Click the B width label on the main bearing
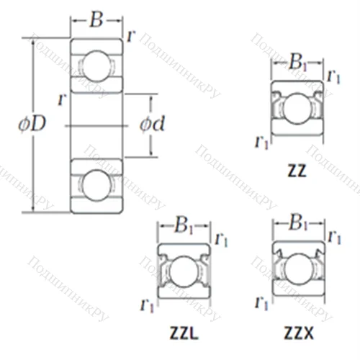(x=96, y=19)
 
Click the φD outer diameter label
(x=32, y=124)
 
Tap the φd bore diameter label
(x=153, y=124)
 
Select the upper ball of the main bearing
(x=96, y=66)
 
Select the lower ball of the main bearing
(x=96, y=185)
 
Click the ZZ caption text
(x=297, y=171)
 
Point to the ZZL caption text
(x=184, y=333)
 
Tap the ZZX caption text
(x=299, y=333)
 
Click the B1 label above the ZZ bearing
(x=298, y=62)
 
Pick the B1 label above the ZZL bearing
(x=184, y=225)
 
